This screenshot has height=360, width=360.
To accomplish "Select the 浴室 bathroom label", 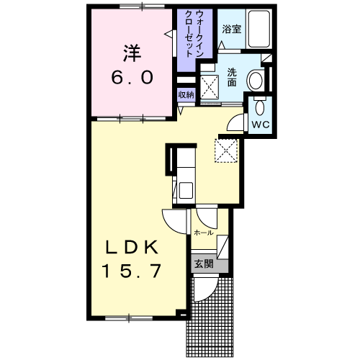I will click(x=231, y=30).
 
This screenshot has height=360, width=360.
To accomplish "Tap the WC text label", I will click(x=260, y=123).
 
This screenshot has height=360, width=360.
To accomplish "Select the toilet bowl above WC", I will click(x=260, y=106).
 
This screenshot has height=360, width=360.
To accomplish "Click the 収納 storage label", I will click(x=186, y=94).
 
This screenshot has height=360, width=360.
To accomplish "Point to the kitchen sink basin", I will click(x=184, y=191).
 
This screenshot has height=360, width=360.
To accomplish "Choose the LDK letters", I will click(x=132, y=247).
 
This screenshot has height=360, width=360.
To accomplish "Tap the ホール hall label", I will click(x=203, y=233).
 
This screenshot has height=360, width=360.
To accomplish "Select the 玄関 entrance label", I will click(x=203, y=264).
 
